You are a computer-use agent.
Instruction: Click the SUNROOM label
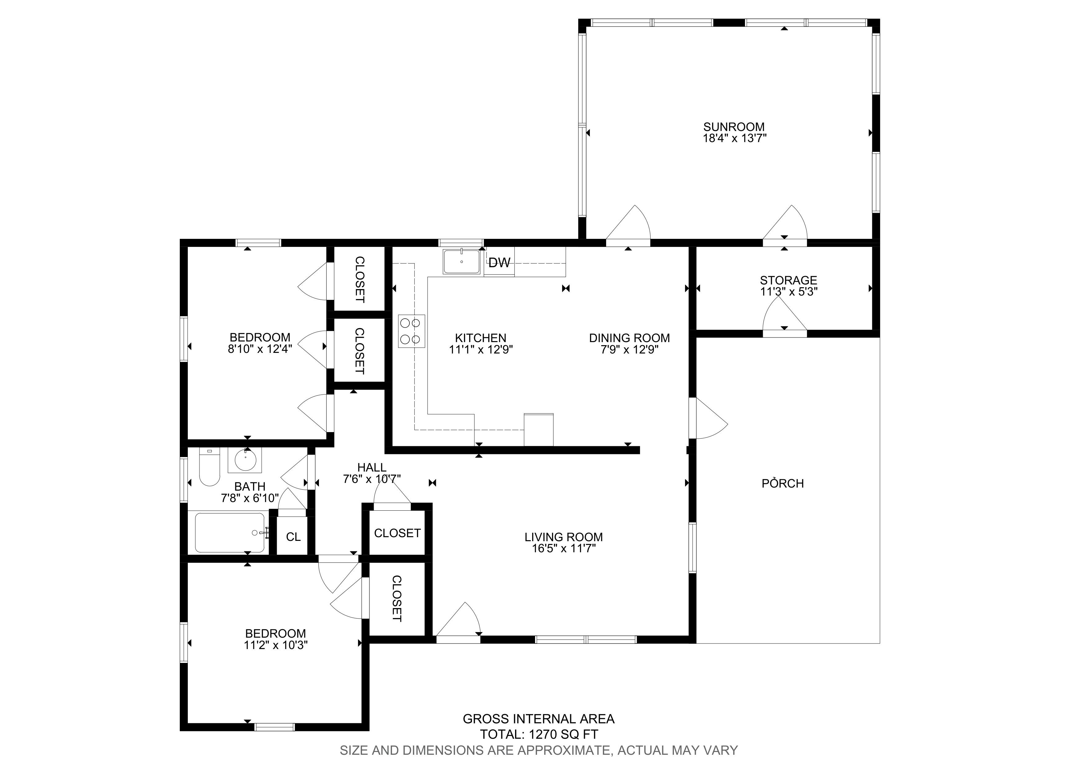click(734, 127)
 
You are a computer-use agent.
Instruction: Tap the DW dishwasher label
click(499, 263)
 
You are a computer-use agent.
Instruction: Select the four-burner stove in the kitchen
click(412, 331)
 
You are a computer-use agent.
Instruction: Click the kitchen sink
click(461, 262)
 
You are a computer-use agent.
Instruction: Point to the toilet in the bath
click(209, 467)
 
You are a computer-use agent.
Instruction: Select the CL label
click(293, 537)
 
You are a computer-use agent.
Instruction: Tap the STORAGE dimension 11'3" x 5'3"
click(789, 292)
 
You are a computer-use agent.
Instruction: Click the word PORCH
click(783, 484)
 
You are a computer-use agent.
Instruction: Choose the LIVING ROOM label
click(563, 537)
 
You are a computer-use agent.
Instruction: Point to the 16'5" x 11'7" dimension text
click(563, 548)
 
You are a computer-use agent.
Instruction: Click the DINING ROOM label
click(629, 338)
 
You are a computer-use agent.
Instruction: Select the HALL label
click(372, 468)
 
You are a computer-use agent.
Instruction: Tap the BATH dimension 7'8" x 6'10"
click(250, 498)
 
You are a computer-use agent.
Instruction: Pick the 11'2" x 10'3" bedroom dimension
click(276, 645)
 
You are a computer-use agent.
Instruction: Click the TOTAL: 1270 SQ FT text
click(539, 734)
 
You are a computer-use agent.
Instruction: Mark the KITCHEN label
click(481, 338)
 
